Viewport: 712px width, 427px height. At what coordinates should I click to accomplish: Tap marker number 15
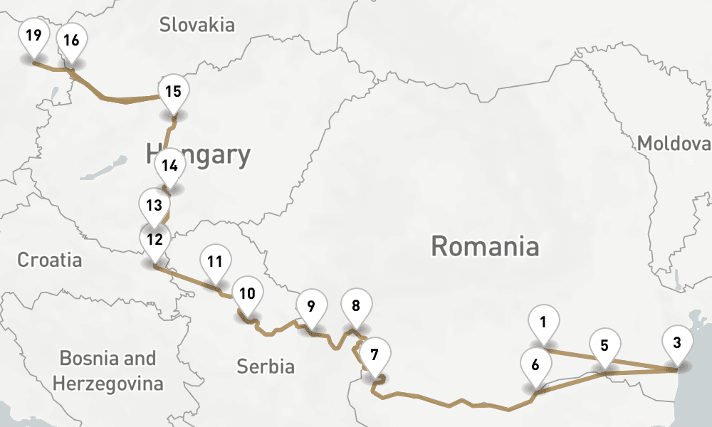[x=173, y=92]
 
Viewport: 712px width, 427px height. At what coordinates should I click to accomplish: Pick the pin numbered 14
[x=169, y=167]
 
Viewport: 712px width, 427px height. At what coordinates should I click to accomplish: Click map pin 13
[x=154, y=206]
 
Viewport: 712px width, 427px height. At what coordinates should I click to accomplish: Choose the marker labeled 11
[x=216, y=261]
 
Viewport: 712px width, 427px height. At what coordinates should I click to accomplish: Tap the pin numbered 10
[x=247, y=293]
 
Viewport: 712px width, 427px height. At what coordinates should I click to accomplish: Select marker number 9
[x=311, y=307]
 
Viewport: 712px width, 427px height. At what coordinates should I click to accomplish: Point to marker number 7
[x=375, y=353]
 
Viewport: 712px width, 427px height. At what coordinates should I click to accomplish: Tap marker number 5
[x=604, y=347]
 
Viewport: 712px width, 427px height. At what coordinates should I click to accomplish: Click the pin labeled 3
[x=677, y=342]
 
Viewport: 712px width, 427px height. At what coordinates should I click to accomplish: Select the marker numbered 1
[x=544, y=322]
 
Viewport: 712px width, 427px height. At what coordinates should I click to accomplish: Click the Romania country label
[x=485, y=247]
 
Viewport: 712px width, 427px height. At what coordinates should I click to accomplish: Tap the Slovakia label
[x=197, y=25]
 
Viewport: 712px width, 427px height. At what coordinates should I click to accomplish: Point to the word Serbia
[x=266, y=367]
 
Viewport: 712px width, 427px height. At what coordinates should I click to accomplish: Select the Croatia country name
[x=50, y=260]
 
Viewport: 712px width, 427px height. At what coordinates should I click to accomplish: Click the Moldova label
[x=674, y=144]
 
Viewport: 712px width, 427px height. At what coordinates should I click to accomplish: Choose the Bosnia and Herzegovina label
[x=108, y=371]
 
